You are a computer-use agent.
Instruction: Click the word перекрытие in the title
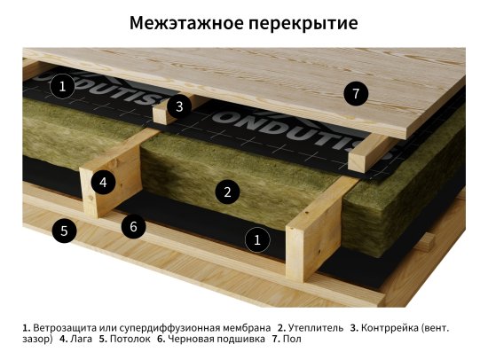(304, 22)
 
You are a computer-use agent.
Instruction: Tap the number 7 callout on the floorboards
(355, 93)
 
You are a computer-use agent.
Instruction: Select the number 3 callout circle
(179, 106)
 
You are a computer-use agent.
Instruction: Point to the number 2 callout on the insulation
(227, 191)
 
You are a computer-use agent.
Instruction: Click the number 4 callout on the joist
(104, 183)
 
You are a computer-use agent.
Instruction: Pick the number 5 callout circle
(63, 231)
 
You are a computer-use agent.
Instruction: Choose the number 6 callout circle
(133, 226)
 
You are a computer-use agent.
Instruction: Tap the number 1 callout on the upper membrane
(62, 86)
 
